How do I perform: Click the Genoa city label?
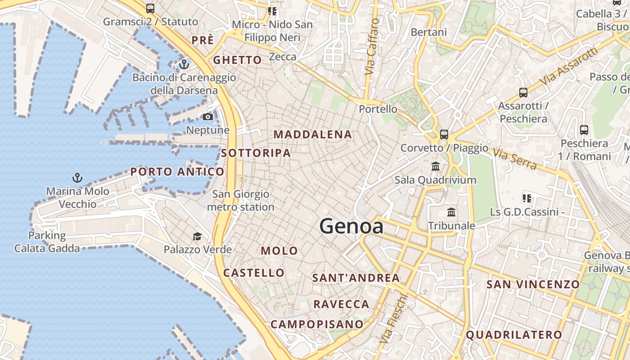click(x=351, y=226)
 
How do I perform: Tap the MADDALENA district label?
click(x=313, y=135)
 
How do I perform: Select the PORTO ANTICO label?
click(x=177, y=171)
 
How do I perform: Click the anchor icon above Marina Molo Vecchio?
click(x=77, y=178)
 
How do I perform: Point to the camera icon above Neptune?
click(x=207, y=117)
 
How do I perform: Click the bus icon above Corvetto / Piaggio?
click(x=444, y=134)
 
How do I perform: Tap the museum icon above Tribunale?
click(x=451, y=212)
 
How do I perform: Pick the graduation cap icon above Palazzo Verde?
click(x=197, y=236)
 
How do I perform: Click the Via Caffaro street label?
click(x=371, y=47)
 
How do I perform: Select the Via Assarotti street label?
click(x=571, y=66)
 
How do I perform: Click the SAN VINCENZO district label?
click(x=533, y=284)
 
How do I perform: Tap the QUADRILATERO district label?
click(x=514, y=335)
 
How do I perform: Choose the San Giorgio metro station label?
click(x=241, y=201)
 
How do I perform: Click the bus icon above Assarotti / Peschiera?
click(x=523, y=93)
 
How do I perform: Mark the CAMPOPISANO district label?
click(x=317, y=324)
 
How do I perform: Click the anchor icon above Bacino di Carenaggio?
click(x=184, y=64)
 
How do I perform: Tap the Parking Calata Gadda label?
click(x=47, y=242)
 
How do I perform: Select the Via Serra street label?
click(x=515, y=159)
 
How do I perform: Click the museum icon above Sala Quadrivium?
click(x=436, y=166)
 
